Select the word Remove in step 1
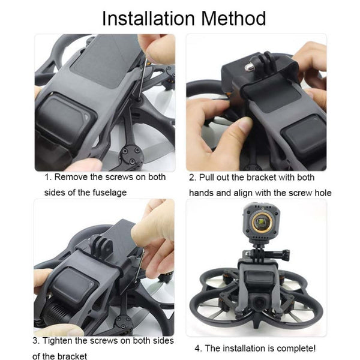71,178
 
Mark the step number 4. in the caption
199,348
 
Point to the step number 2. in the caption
193,178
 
